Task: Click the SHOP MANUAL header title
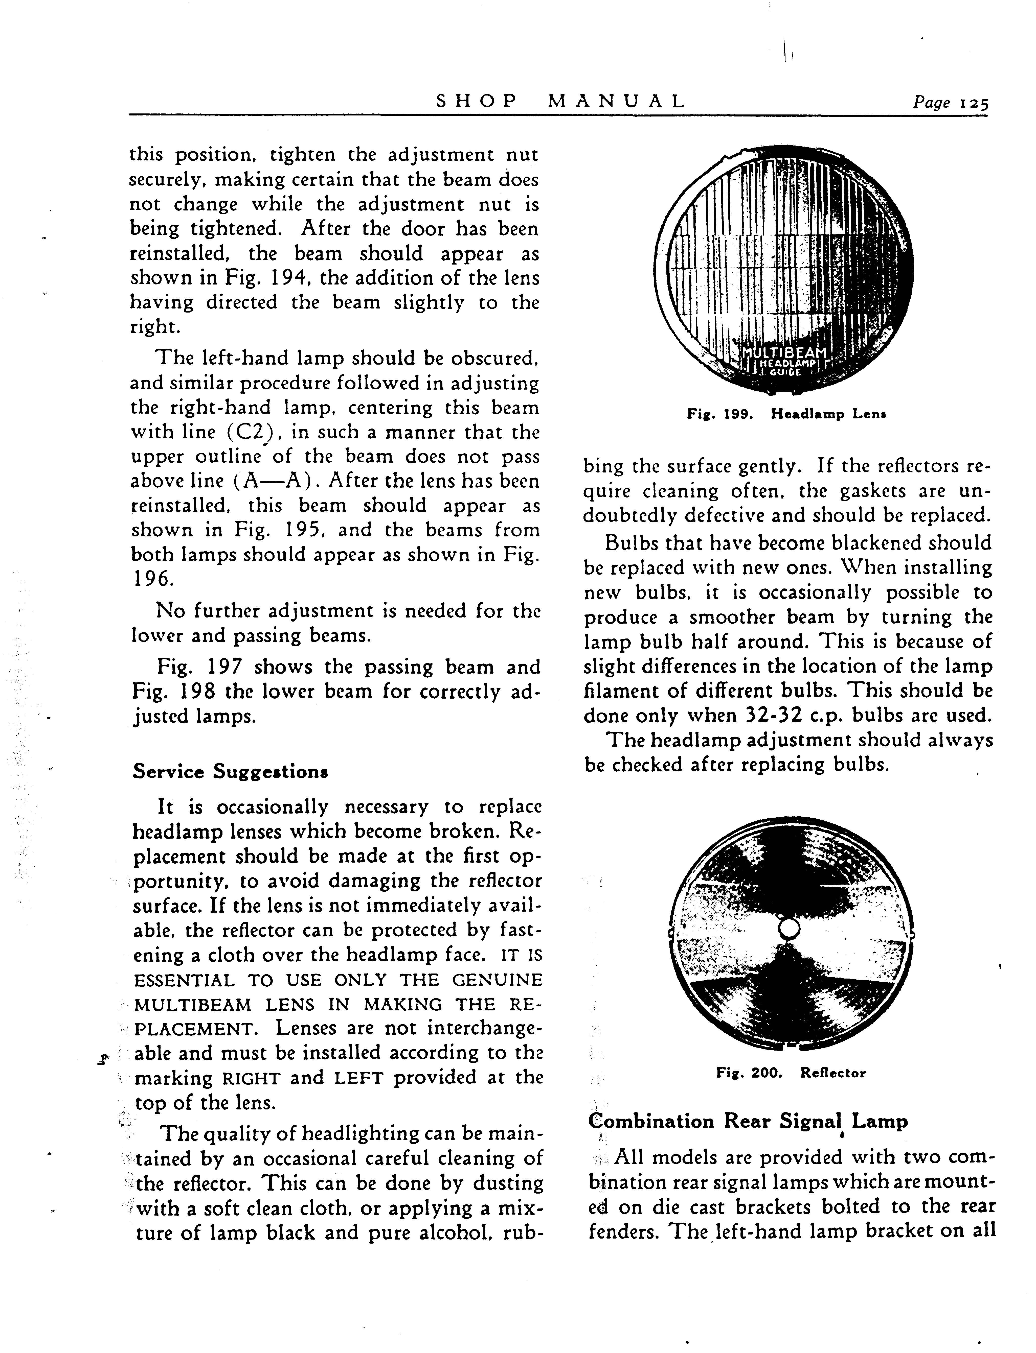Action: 560,101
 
